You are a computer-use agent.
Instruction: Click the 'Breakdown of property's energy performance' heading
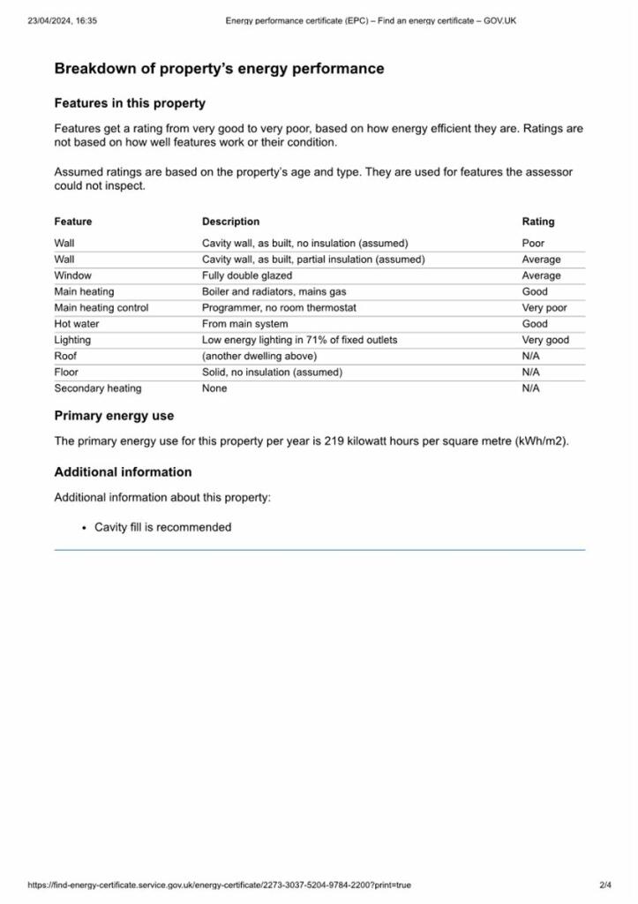[219, 69]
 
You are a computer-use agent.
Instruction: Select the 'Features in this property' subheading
[130, 103]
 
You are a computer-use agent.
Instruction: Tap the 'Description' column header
[230, 222]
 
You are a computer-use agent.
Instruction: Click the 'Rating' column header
[537, 222]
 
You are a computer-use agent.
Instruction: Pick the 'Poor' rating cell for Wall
[533, 243]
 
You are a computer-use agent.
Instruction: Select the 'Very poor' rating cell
[544, 308]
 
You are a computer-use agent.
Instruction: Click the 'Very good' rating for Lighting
[544, 340]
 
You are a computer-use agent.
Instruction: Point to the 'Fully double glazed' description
[246, 275]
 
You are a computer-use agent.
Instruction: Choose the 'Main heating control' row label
[101, 308]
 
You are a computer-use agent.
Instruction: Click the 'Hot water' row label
[77, 324]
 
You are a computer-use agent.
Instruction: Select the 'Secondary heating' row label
[97, 388]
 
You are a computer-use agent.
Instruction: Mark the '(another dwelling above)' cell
[259, 356]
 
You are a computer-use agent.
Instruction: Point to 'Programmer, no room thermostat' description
[279, 308]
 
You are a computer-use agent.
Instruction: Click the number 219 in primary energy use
[334, 441]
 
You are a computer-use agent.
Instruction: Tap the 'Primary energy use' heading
[114, 416]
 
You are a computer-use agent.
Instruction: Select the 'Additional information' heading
[123, 472]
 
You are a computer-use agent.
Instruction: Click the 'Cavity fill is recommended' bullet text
[162, 527]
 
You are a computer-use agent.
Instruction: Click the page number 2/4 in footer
[605, 885]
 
